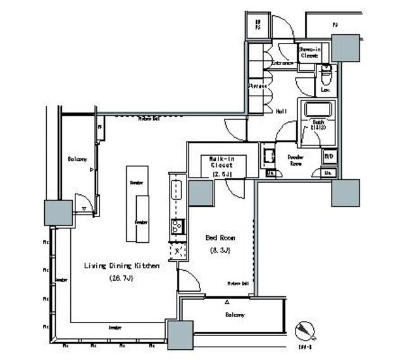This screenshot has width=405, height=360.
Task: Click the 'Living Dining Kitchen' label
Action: [121, 266]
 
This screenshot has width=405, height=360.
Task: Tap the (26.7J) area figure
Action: [121, 278]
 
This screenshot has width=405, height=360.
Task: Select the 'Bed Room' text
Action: [220, 238]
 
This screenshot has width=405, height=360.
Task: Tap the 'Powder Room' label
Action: [295, 160]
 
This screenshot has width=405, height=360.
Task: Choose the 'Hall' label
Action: [281, 111]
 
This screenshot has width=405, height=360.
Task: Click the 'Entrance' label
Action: [282, 63]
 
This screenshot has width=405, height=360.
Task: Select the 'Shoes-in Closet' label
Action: [309, 52]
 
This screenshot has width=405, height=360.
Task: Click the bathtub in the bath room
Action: [319, 110]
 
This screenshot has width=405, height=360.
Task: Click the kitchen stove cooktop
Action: [176, 227]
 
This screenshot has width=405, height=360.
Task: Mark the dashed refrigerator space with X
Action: [178, 252]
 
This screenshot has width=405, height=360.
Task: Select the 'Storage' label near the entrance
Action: [257, 86]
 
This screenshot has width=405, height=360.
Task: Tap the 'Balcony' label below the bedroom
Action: [234, 315]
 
